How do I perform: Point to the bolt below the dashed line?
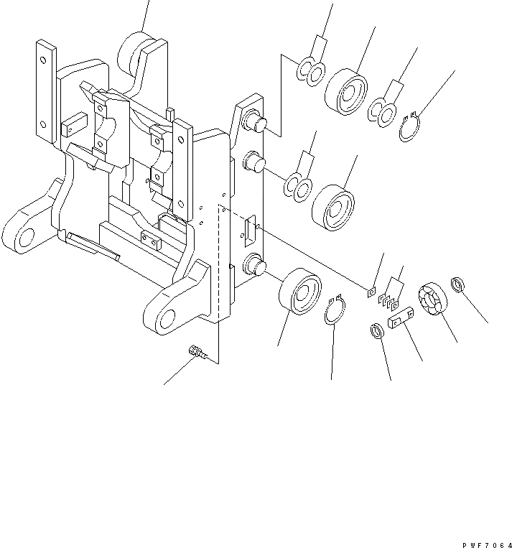[196, 353]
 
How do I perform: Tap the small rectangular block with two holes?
[401, 317]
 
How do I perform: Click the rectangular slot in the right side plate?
[248, 231]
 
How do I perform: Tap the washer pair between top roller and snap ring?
[382, 111]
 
